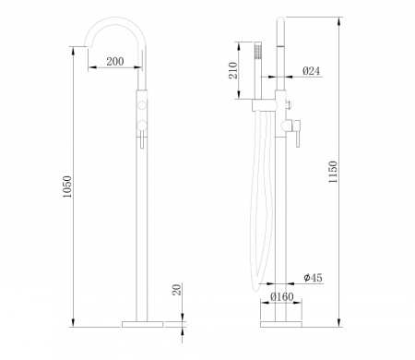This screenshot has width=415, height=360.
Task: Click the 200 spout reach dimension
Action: point(115,62)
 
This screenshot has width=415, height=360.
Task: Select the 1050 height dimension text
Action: point(67,186)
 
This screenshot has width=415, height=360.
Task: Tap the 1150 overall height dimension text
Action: point(333,172)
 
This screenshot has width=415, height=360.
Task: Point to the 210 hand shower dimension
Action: point(233,70)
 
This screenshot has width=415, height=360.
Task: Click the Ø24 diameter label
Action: point(311,71)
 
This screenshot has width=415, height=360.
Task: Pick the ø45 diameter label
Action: point(313,278)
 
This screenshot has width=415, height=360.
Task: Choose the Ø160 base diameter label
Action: point(282,297)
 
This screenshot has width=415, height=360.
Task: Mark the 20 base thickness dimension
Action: point(177,290)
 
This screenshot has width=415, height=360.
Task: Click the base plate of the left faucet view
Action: point(142,324)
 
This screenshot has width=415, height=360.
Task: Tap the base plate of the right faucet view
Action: point(281,324)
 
